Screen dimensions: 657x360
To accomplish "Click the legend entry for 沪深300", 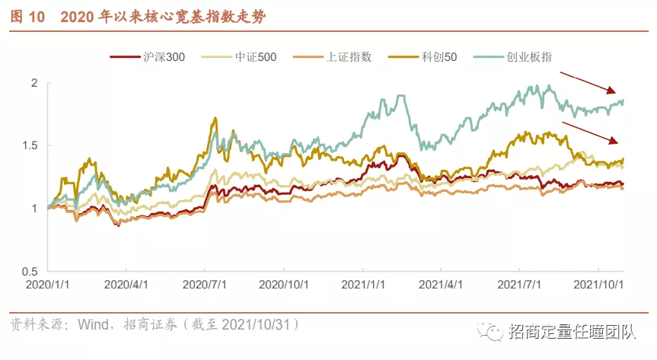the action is [x=147, y=57].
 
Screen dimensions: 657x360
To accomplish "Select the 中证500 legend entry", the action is [x=239, y=57].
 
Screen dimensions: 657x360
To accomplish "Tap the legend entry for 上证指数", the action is [x=332, y=57].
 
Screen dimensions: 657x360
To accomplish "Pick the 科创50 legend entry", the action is [x=423, y=57].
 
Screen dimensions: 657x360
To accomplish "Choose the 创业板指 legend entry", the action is [x=512, y=57].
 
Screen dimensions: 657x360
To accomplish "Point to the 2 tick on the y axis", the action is [x=34, y=83].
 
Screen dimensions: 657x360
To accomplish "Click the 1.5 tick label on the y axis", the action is [x=30, y=145].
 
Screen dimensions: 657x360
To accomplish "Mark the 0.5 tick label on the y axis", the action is [x=30, y=271].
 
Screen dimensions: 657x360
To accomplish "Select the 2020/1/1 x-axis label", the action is [x=47, y=285].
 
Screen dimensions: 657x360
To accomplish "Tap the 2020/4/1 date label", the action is [x=126, y=285].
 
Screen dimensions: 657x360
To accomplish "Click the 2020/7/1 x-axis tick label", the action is [x=205, y=285].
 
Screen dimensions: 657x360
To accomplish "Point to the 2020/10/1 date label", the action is [x=284, y=285].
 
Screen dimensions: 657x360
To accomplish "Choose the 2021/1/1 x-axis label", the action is [x=363, y=285].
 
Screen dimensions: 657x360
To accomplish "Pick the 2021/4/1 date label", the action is [x=440, y=285].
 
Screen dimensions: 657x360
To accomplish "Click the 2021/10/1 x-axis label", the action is [x=598, y=285].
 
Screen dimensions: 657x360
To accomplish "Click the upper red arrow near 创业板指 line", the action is [x=588, y=82].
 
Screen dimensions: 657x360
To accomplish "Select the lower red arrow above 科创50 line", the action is [x=590, y=133].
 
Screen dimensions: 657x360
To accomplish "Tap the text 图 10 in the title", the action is [x=27, y=17].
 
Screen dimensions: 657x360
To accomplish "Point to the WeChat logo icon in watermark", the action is [x=490, y=331].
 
